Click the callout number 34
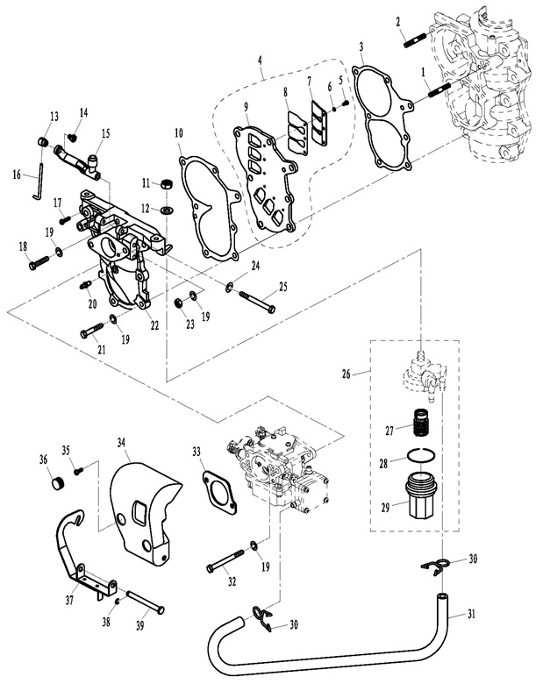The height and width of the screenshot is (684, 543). click(x=121, y=442)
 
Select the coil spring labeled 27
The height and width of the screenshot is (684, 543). click(x=421, y=422)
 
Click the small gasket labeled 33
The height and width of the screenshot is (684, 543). click(x=219, y=489)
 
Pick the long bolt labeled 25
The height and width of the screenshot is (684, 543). click(x=257, y=301)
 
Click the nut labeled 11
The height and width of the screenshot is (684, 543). click(x=166, y=184)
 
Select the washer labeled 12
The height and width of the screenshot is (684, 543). click(x=166, y=210)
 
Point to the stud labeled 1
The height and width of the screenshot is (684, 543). click(x=439, y=90)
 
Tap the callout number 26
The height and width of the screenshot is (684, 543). click(x=347, y=374)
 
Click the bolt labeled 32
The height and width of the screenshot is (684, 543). click(x=225, y=561)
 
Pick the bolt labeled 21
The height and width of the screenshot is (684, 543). click(x=91, y=330)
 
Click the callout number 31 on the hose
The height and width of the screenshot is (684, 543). click(x=471, y=614)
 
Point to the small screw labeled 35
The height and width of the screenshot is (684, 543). click(x=79, y=471)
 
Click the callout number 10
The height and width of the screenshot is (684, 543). click(x=179, y=132)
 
